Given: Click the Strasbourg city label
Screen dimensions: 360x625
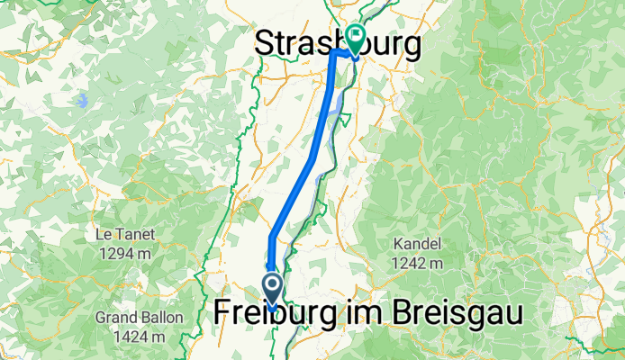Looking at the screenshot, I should [338, 43].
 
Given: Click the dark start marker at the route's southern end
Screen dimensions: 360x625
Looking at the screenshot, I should [272, 286].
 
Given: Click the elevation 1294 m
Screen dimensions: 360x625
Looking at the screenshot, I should [125, 254].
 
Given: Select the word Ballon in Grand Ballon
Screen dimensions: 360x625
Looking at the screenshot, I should [162, 317].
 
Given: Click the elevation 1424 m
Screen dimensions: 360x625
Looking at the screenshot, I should [140, 337].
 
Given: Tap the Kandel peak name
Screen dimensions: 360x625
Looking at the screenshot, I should [416, 244].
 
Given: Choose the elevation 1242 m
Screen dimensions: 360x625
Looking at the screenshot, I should [416, 264].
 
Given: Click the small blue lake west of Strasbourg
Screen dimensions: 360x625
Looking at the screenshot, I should [82, 100].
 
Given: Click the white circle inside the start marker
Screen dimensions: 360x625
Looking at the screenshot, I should [272, 285].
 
